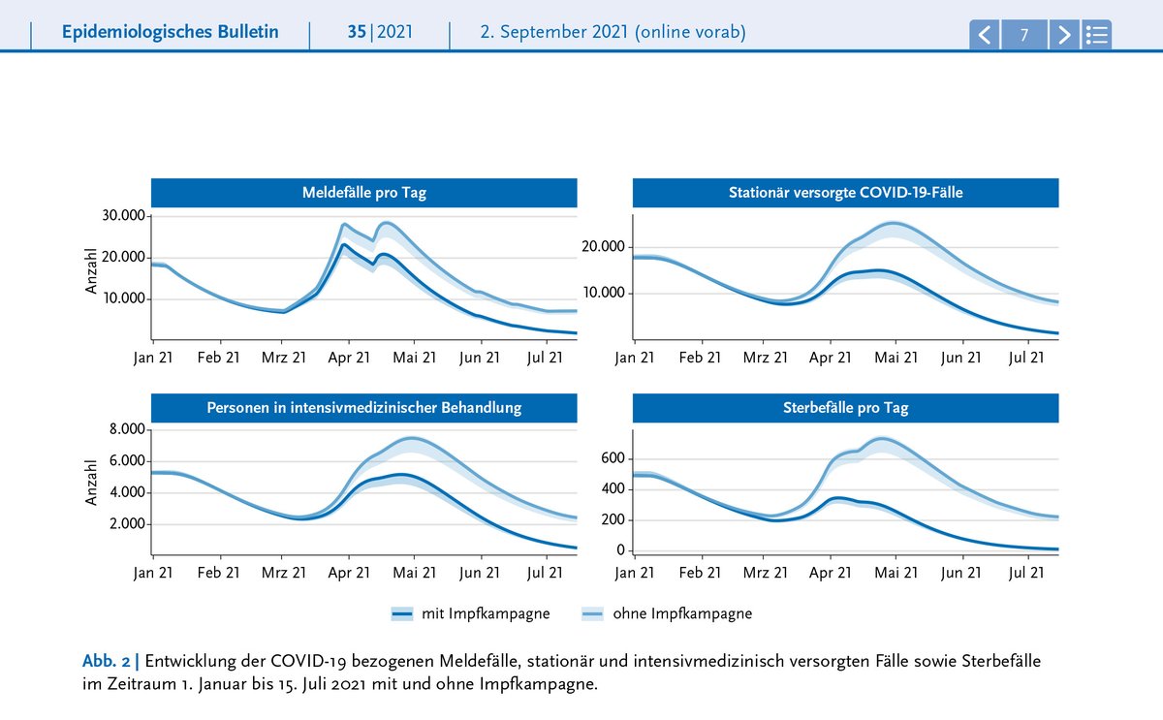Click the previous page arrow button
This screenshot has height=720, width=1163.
(985, 35)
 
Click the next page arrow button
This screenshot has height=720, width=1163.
(1064, 35)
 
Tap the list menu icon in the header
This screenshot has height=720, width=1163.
(1096, 35)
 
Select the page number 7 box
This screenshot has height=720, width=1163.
(1023, 35)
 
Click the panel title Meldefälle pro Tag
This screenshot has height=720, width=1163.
(364, 193)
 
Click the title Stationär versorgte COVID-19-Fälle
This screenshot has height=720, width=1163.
(845, 193)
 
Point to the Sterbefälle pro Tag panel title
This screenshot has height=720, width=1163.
(845, 408)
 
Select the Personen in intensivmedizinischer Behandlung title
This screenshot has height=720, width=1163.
(364, 408)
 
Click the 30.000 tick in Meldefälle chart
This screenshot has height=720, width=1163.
(123, 215)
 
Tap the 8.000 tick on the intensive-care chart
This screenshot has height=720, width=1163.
(127, 428)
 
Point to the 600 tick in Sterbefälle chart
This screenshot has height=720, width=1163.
(613, 457)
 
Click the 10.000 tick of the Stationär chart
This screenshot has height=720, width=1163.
(603, 293)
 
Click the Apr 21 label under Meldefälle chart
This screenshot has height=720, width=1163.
(349, 358)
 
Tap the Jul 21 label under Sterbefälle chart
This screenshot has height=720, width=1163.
(1026, 573)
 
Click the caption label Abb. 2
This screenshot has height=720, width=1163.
(106, 661)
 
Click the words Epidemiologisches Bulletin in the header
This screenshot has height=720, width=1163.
(171, 32)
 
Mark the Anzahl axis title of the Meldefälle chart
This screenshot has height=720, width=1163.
(91, 271)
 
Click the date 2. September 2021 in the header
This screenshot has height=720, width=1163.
(554, 32)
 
